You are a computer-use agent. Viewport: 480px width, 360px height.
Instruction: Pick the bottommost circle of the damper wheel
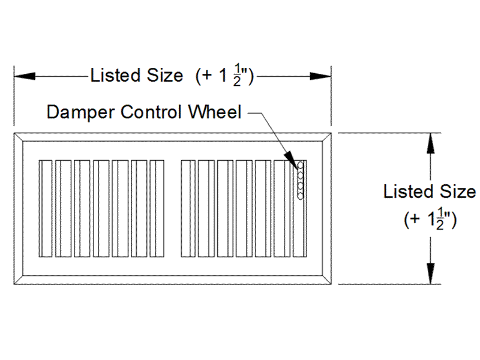[301, 196]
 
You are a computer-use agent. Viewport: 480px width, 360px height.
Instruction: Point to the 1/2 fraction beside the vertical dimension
[441, 220]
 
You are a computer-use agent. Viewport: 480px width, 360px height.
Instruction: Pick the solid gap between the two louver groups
[173, 208]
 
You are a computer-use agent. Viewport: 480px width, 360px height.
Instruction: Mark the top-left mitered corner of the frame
[19, 137]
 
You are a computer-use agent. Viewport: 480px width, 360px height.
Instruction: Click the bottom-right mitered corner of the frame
[326, 280]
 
